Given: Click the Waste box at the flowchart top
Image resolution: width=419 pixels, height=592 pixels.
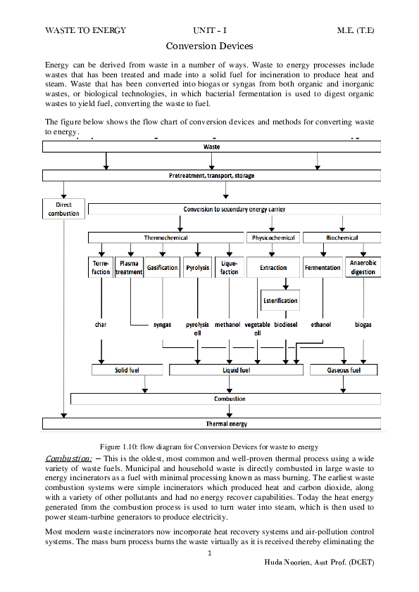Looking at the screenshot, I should pos(211,147).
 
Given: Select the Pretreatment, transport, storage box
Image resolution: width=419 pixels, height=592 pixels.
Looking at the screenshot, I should pos(211,175).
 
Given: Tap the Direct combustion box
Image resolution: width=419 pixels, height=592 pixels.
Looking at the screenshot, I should pos(63,208).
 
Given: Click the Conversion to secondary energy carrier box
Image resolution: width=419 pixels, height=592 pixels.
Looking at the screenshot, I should pos(234,210).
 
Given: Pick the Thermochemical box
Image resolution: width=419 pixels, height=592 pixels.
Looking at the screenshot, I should pos(165,238).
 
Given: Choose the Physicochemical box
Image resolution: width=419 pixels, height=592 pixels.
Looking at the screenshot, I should pos(273,238).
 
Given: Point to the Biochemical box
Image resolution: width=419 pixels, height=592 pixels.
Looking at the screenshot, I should pos(342,238).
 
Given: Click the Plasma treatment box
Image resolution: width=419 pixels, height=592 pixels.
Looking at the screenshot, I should pos(129,268).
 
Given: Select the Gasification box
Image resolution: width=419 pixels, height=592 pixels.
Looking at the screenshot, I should pos(162,268).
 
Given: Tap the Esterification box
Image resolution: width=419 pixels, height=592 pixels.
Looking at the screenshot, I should pos(280,300).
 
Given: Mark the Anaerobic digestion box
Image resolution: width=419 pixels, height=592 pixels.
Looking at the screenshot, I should pos(363,268).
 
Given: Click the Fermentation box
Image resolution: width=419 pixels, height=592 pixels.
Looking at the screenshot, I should pos(323,268).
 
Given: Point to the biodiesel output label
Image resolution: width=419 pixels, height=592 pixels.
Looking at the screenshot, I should pos(286,325).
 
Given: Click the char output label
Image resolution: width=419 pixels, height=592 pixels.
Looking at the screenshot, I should pos(101,325).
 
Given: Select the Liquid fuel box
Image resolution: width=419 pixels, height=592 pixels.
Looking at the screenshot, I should pos(236,370).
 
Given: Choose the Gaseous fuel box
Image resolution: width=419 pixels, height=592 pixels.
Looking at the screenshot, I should pos(344,370).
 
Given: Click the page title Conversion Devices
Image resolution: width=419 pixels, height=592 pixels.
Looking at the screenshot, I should pos(209,46).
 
